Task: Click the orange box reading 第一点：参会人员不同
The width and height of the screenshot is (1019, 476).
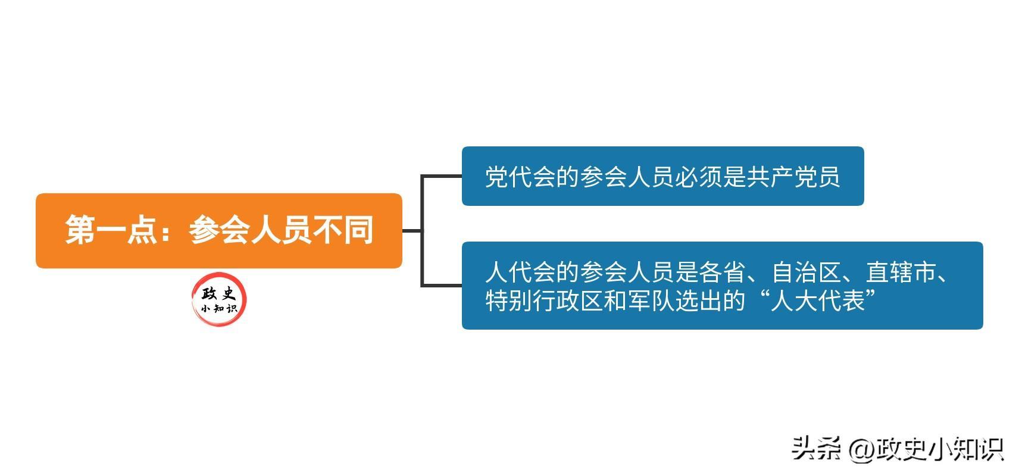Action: click(219, 230)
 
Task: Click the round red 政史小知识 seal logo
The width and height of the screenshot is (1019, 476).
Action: click(219, 299)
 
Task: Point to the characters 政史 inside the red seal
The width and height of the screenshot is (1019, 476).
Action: click(219, 294)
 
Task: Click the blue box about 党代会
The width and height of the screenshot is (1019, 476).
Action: click(663, 176)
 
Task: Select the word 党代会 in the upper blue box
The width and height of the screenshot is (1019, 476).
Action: click(520, 177)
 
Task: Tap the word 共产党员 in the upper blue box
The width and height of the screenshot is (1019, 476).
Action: click(792, 177)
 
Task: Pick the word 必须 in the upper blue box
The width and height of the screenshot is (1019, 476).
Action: click(698, 177)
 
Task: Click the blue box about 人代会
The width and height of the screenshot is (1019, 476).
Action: click(723, 286)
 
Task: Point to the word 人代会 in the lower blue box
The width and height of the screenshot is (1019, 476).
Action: click(520, 272)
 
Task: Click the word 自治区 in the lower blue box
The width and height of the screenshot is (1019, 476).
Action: click(807, 272)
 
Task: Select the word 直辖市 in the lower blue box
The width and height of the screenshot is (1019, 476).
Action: click(901, 272)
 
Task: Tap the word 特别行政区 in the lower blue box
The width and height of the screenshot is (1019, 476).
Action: click(544, 300)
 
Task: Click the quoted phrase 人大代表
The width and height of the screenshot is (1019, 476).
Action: click(818, 300)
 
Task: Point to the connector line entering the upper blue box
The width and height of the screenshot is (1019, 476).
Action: click(441, 176)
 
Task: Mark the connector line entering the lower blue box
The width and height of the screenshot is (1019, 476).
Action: click(441, 286)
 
